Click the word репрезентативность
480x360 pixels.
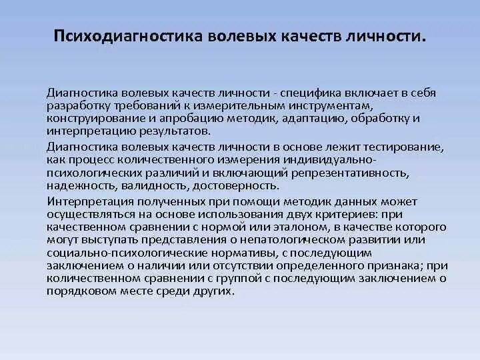pyautogui.click(x=359, y=173)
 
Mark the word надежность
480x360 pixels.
pyautogui.click(x=76, y=185)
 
